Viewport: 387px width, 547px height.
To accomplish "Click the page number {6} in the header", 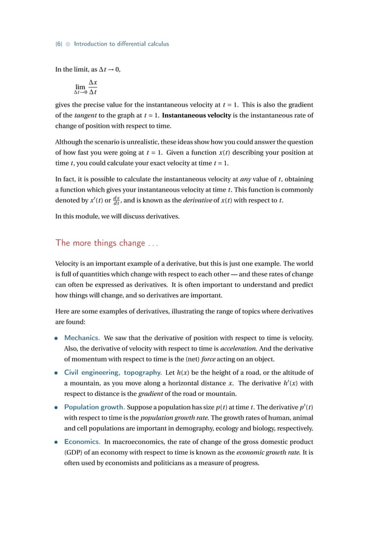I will pos(58,44).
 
